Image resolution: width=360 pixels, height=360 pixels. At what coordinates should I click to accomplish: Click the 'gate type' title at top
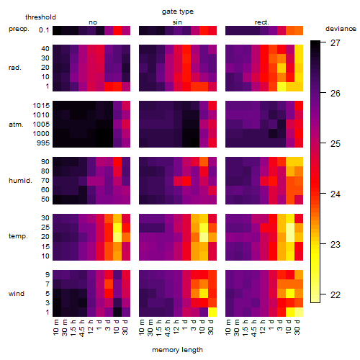click(x=178, y=12)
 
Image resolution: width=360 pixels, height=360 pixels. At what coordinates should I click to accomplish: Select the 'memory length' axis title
click(x=177, y=350)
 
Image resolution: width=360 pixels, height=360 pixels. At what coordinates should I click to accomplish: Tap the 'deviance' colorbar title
click(x=341, y=29)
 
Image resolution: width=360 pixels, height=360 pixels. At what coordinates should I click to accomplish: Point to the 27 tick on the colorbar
click(x=323, y=42)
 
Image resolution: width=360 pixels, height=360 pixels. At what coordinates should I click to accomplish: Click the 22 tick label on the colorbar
click(x=336, y=294)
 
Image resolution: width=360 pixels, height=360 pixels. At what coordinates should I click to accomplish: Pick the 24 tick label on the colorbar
click(x=336, y=194)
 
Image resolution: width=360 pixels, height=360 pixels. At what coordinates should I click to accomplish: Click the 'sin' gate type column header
click(x=177, y=22)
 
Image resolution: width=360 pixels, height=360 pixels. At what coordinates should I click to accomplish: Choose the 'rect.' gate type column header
click(x=262, y=22)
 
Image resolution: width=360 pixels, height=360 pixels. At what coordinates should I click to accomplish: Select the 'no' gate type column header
click(x=93, y=22)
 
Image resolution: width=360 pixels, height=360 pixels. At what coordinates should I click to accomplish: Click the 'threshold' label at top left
click(x=40, y=17)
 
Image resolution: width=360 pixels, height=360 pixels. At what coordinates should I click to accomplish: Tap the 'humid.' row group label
click(x=20, y=181)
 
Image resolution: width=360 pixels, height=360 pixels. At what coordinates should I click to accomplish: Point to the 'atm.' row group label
click(x=16, y=125)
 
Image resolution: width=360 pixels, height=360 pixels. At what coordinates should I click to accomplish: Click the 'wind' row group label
click(x=17, y=294)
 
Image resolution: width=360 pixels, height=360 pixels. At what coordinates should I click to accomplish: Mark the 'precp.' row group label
click(x=19, y=29)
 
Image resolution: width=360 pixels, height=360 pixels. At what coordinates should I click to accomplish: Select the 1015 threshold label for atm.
click(x=41, y=106)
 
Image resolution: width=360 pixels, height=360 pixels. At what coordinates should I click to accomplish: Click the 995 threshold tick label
click(x=43, y=143)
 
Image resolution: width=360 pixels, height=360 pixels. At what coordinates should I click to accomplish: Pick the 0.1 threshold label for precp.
click(x=44, y=30)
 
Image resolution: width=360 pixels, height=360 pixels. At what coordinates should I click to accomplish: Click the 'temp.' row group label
click(x=18, y=236)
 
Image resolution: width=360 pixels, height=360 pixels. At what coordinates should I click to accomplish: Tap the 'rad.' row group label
click(x=15, y=68)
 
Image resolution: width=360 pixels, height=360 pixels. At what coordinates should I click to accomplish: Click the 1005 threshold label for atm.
click(x=41, y=125)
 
